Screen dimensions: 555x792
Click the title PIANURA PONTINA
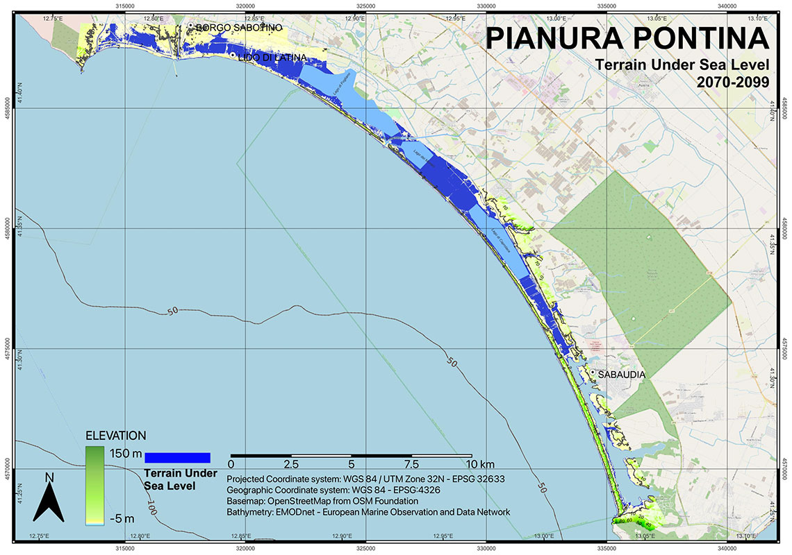tap(627, 38)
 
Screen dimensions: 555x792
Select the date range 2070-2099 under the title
tap(733, 81)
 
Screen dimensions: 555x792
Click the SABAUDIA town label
tap(622, 375)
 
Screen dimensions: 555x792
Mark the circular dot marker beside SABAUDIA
tap(592, 373)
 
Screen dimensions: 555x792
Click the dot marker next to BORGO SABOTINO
tap(190, 26)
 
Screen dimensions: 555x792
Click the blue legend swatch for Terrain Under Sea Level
tap(176, 457)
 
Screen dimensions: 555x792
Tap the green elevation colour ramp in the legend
tap(94, 485)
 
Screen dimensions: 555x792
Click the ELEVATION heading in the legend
tap(115, 436)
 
